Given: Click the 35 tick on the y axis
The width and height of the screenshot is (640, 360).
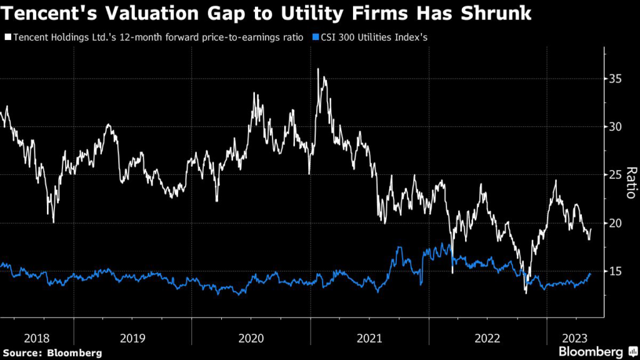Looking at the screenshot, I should [616, 79].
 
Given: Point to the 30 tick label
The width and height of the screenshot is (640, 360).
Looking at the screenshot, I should [616, 127].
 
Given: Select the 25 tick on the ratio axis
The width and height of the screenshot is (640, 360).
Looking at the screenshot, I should [616, 175].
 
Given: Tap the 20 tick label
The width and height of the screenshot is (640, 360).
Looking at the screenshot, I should [616, 223].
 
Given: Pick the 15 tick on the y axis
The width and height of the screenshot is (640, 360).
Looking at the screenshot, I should [616, 271].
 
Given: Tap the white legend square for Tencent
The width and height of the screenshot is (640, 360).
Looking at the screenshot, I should [7, 38].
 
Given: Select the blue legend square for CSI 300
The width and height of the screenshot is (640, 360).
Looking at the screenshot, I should [315, 38].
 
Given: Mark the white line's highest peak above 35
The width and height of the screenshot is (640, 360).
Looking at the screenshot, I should [318, 69].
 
